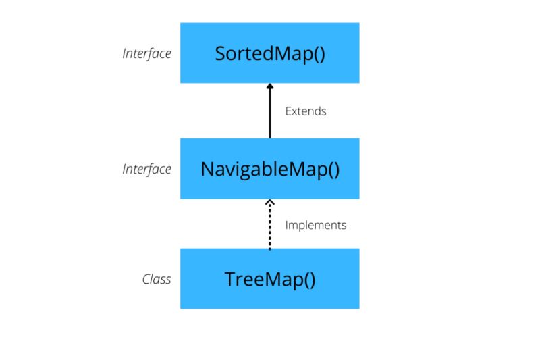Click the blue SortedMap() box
click(269, 53)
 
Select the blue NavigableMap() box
click(269, 168)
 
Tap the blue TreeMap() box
click(269, 278)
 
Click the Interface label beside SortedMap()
click(146, 53)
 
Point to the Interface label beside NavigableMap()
click(146, 169)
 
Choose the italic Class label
click(157, 279)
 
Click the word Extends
click(306, 111)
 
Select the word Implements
click(316, 225)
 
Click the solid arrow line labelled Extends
click(269, 115)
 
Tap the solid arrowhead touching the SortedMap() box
click(269, 86)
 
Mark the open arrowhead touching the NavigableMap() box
click(269, 203)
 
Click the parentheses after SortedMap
click(318, 54)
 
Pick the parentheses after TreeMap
click(308, 279)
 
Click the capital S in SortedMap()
click(220, 53)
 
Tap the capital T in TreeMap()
click(230, 278)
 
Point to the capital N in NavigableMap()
click(207, 168)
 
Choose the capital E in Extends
click(288, 111)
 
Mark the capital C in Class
click(146, 279)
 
